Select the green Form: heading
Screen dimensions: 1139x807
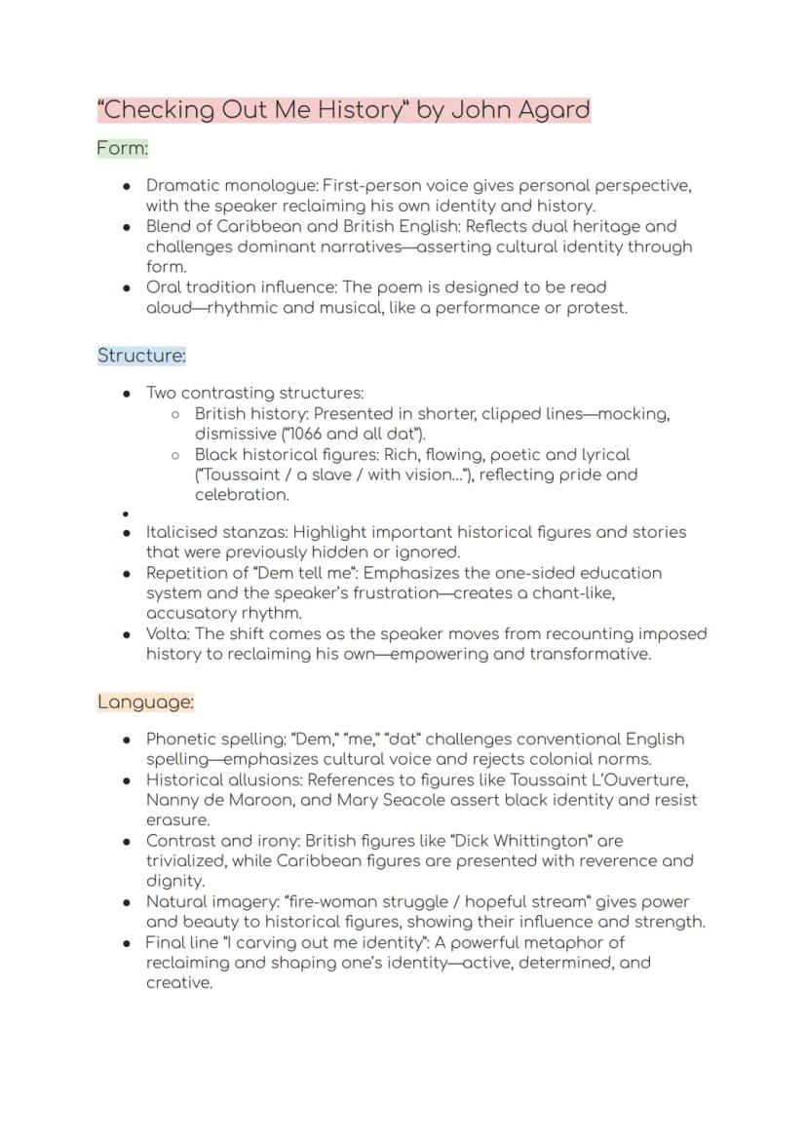123,149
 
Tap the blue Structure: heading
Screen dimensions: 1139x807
141,356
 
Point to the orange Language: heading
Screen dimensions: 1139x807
145,702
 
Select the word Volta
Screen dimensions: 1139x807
168,633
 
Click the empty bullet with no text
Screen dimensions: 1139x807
127,513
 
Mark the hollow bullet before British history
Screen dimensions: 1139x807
175,414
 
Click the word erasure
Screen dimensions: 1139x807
178,820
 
